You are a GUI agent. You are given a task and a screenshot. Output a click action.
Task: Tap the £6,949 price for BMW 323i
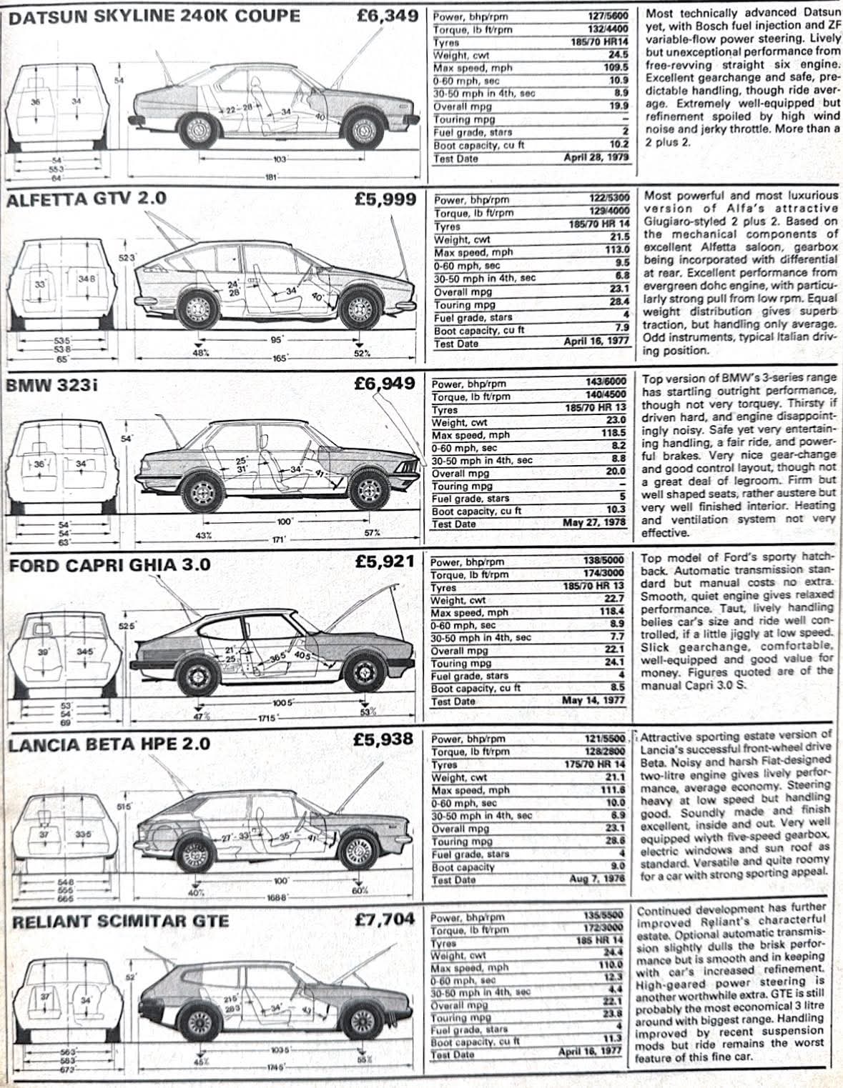385,384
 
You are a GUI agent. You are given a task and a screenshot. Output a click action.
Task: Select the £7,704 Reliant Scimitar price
385,919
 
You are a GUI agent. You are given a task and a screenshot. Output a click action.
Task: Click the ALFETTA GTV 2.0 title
86,199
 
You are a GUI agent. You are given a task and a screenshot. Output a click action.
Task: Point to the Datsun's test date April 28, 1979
595,158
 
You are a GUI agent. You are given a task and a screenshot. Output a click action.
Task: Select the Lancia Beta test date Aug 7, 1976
597,879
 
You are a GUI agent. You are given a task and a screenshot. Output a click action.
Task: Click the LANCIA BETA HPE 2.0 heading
109,744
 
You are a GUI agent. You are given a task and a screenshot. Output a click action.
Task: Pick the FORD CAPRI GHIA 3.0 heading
109,565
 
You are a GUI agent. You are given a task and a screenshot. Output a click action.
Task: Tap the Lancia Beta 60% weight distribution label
360,890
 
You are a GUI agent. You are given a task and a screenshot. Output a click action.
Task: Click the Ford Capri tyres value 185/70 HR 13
593,587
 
